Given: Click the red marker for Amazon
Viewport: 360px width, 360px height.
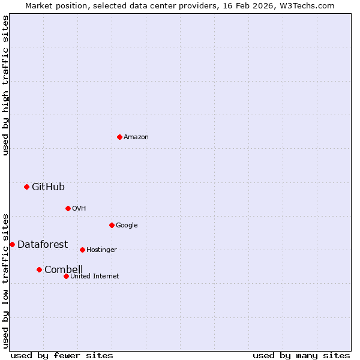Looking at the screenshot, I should pyautogui.click(x=119, y=137).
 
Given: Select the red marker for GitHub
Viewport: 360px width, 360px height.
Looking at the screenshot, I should pyautogui.click(x=26, y=187).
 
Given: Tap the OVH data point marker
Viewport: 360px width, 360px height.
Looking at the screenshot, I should pyautogui.click(x=68, y=208).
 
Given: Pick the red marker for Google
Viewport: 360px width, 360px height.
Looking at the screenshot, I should pyautogui.click(x=112, y=225).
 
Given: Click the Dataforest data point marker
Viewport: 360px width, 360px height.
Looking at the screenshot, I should pyautogui.click(x=12, y=244).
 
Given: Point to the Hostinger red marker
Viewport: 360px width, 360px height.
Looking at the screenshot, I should pyautogui.click(x=82, y=250).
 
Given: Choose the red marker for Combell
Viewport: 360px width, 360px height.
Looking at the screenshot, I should pyautogui.click(x=39, y=269).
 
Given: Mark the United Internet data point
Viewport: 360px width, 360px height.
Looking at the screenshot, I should pyautogui.click(x=66, y=276).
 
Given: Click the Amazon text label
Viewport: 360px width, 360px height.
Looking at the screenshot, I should pyautogui.click(x=136, y=137).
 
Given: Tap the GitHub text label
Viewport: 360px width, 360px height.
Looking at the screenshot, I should pyautogui.click(x=48, y=187).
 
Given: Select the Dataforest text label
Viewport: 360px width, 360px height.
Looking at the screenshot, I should pyautogui.click(x=43, y=244).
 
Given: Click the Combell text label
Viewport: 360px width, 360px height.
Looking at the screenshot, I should pyautogui.click(x=64, y=269).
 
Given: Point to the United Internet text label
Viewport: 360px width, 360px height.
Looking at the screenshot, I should pyautogui.click(x=95, y=277).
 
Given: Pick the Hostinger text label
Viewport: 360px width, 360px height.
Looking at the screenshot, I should pyautogui.click(x=101, y=250).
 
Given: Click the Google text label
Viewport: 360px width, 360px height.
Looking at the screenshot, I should pyautogui.click(x=127, y=226).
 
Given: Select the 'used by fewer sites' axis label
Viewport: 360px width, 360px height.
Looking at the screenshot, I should pyautogui.click(x=62, y=355).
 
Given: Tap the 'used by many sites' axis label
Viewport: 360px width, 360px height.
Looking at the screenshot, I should pyautogui.click(x=301, y=355).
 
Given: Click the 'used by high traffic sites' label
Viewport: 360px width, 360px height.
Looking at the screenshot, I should pyautogui.click(x=6, y=85).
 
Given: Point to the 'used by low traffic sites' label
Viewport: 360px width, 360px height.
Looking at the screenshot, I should pyautogui.click(x=6, y=281).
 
